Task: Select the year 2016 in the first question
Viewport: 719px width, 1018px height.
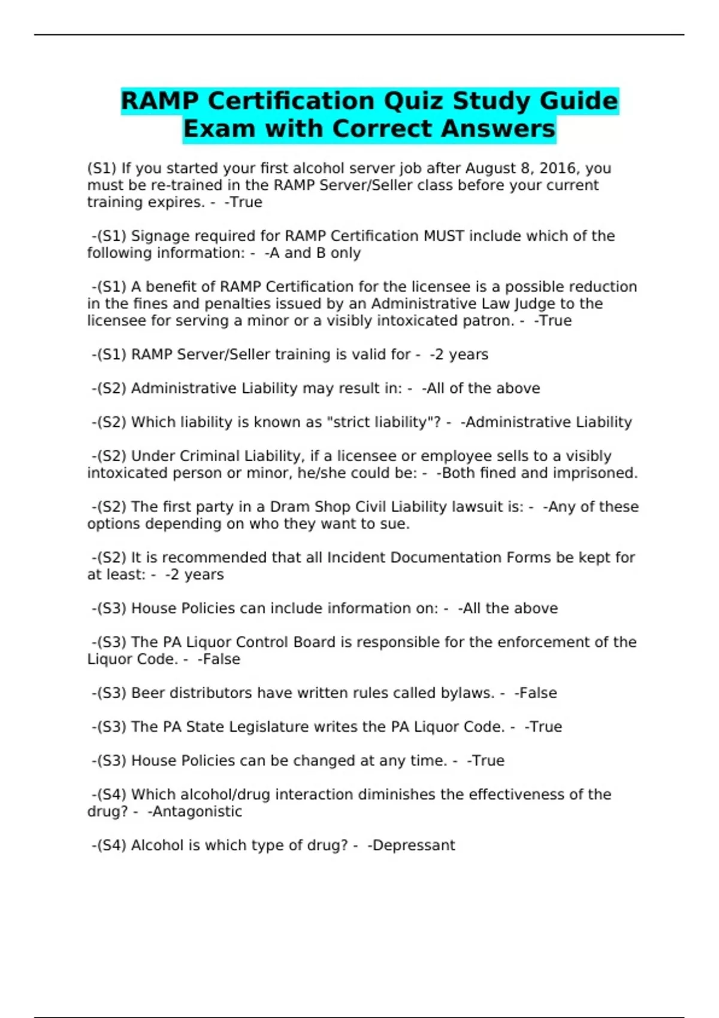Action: pos(558,168)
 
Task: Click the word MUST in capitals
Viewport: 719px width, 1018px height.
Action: pos(443,236)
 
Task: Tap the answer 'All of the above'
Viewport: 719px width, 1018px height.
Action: pos(483,388)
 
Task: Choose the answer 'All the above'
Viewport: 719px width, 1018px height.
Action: pos(510,608)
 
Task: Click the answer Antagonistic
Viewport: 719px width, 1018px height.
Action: pos(197,811)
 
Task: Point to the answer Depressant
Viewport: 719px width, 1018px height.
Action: pos(413,846)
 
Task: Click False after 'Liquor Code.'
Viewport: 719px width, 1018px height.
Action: pos(220,659)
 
